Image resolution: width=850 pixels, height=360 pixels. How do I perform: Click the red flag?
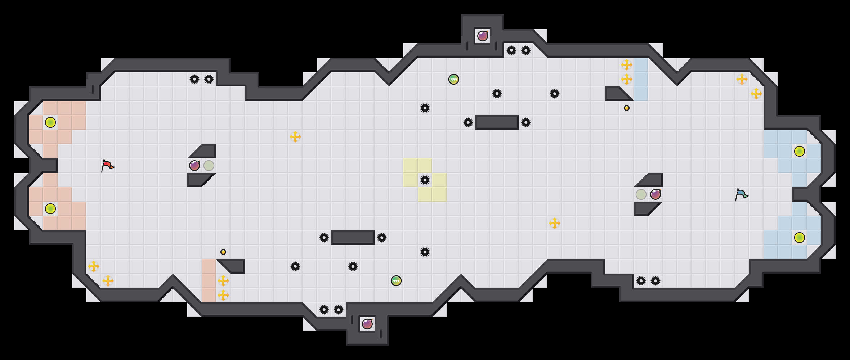[x=107, y=166]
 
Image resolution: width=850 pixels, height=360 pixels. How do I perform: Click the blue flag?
[x=741, y=194]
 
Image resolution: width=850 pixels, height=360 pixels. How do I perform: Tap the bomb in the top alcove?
[x=483, y=36]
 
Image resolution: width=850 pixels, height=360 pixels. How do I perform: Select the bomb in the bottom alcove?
[x=367, y=324]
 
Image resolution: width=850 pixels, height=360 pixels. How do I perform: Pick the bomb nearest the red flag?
[x=194, y=166]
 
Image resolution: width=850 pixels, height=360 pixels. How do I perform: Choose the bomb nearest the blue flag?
[x=656, y=194]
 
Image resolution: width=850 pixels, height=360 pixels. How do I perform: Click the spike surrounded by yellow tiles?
[x=425, y=180]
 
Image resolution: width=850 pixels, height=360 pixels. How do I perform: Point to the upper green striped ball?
[x=454, y=79]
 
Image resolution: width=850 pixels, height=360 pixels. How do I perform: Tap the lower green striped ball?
[x=396, y=281]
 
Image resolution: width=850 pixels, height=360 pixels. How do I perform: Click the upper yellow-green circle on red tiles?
[x=50, y=122]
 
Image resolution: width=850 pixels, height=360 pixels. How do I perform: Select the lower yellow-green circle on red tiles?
[x=50, y=209]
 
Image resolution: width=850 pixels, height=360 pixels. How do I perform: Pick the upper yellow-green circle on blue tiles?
[x=800, y=151]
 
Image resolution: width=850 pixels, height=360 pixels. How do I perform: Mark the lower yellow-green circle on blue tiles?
[x=800, y=238]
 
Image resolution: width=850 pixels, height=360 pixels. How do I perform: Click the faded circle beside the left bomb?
[x=209, y=166]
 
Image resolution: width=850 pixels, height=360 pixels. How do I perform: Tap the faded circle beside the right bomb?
[x=641, y=194]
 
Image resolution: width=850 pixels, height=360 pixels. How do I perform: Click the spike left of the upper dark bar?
[x=468, y=122]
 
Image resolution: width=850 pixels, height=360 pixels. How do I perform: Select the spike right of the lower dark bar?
[x=382, y=238]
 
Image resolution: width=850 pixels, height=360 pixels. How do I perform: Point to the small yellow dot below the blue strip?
[x=627, y=108]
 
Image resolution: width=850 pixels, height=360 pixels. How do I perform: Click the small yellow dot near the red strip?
[x=223, y=252]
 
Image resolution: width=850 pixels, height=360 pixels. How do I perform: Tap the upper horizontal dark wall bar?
[x=497, y=122]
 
